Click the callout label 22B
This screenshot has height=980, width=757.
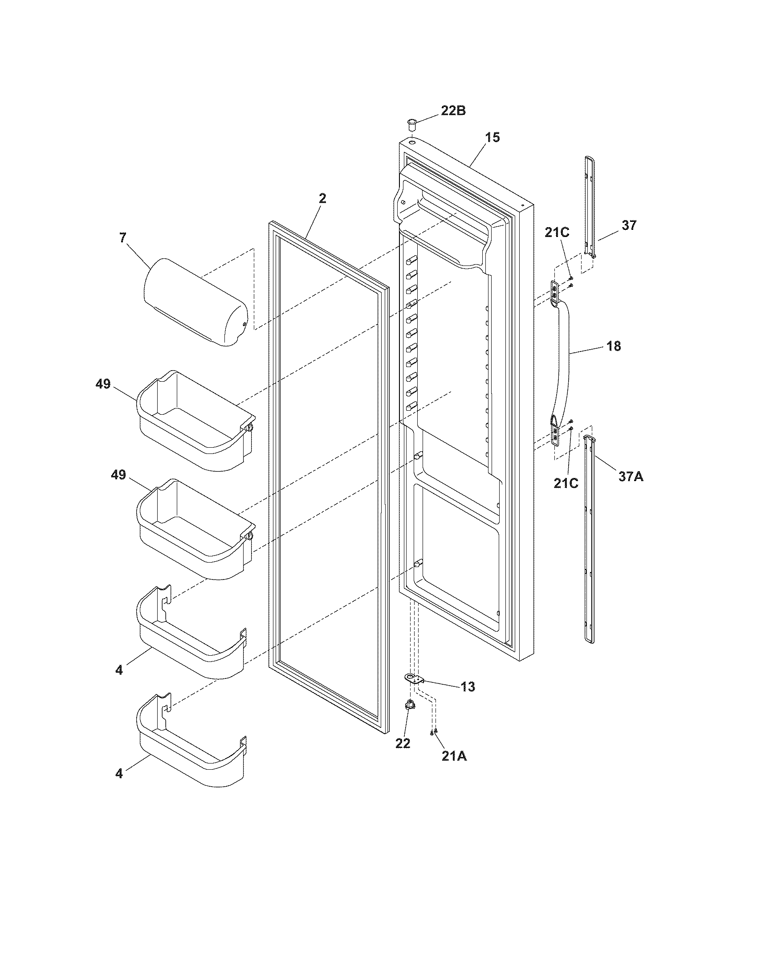point(453,110)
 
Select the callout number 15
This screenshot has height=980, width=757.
point(492,137)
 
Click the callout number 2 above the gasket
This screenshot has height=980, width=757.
point(322,199)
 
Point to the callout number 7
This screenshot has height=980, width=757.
point(123,237)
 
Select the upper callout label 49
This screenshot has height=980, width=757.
point(103,384)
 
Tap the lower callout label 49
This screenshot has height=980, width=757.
point(118,475)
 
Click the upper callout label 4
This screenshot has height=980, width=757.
point(118,670)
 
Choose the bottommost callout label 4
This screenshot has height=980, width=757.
point(118,773)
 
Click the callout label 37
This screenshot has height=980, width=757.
point(629,225)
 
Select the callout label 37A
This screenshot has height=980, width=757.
point(631,477)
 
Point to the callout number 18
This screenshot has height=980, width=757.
point(614,346)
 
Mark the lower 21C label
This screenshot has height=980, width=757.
point(566,483)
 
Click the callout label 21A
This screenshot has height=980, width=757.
point(454,756)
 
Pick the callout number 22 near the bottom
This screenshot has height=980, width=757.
point(403,743)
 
